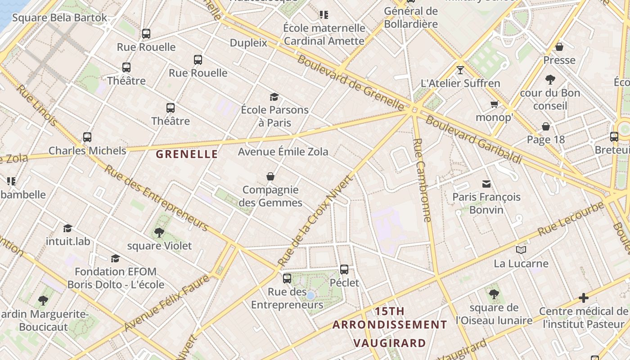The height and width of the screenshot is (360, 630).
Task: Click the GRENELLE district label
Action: (187, 154)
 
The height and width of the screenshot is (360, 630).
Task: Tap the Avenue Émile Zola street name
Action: (283, 152)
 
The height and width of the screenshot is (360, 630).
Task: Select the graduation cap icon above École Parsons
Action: (274, 97)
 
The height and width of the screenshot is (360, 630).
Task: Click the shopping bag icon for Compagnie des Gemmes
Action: (270, 176)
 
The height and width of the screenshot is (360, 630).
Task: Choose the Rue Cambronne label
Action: (422, 180)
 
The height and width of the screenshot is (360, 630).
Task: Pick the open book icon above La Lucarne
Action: (521, 250)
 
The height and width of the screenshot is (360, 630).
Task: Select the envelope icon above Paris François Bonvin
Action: (486, 184)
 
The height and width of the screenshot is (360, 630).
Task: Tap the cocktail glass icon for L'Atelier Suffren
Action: (460, 70)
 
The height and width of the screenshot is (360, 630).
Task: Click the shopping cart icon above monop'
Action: (494, 104)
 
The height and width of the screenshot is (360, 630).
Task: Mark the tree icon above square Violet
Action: (159, 233)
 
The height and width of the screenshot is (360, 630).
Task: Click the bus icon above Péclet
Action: (344, 270)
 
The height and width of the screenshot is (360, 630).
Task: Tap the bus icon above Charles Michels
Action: (87, 137)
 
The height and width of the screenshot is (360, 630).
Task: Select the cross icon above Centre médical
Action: (584, 298)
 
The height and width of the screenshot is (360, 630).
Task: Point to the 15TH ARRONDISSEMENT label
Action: (390, 318)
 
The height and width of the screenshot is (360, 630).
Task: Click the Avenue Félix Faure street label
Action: (167, 302)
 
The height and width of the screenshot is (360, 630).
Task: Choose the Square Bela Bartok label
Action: (59, 18)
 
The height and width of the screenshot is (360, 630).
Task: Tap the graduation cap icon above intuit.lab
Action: (68, 228)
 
